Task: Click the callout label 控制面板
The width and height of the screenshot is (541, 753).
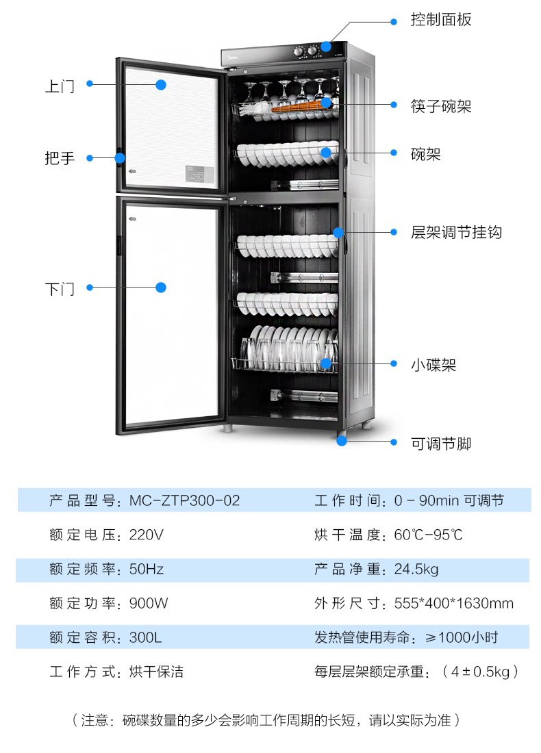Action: pyautogui.click(x=441, y=19)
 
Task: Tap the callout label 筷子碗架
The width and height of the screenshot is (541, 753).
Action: pyautogui.click(x=441, y=106)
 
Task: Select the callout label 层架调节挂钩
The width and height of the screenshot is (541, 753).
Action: pyautogui.click(x=456, y=232)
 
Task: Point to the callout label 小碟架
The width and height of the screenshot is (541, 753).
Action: pyautogui.click(x=433, y=365)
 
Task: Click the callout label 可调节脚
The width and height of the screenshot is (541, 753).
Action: pyautogui.click(x=441, y=444)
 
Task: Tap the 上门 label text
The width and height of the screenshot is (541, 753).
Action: pyautogui.click(x=60, y=86)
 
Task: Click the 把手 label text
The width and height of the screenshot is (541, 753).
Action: pyautogui.click(x=60, y=158)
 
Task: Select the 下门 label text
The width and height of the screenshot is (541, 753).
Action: pyautogui.click(x=60, y=288)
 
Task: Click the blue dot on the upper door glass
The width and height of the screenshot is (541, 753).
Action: pyautogui.click(x=161, y=85)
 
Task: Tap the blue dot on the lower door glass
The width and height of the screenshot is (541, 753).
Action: pyautogui.click(x=161, y=288)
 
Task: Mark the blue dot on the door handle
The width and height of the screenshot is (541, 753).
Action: pyautogui.click(x=120, y=158)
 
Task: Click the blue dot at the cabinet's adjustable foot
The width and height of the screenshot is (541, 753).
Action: pyautogui.click(x=342, y=440)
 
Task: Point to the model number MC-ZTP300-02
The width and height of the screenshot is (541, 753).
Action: pyautogui.click(x=184, y=500)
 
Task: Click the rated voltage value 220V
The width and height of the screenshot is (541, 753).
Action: pyautogui.click(x=147, y=535)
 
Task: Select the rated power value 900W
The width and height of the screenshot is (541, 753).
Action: pyautogui.click(x=149, y=603)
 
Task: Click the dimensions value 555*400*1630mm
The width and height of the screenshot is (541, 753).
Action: pyautogui.click(x=453, y=603)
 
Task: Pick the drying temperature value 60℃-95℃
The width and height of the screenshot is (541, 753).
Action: pyautogui.click(x=429, y=535)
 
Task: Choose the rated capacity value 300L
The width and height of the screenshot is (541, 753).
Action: pyautogui.click(x=145, y=637)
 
